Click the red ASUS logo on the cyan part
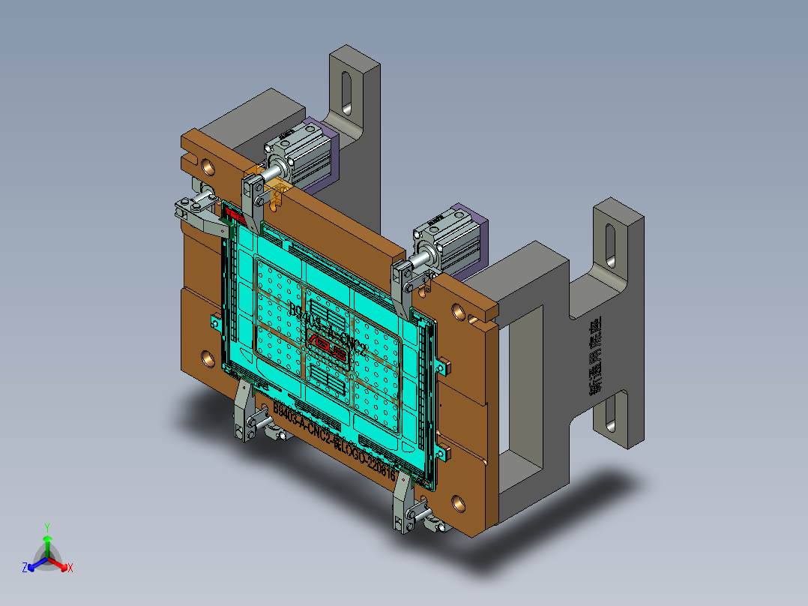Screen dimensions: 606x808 [331, 346]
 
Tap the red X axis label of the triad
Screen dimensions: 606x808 [70, 568]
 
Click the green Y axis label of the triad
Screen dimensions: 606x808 [46, 527]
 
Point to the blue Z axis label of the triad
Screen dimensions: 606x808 [25, 568]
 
